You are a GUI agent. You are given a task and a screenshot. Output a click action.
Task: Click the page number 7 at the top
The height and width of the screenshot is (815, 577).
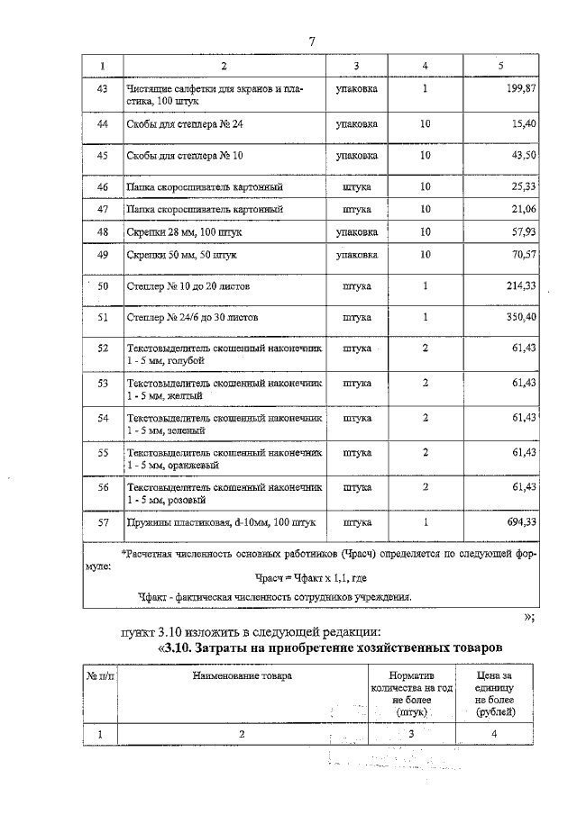pos(311,41)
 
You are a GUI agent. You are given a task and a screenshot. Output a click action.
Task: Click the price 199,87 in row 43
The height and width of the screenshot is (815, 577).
pos(517,89)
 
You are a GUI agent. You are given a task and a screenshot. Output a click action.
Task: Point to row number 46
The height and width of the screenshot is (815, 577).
pos(102,186)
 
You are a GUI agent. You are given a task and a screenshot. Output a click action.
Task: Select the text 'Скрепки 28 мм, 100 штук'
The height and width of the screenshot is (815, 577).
pos(184,232)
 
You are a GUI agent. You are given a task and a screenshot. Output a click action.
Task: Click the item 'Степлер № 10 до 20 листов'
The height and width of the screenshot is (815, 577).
pos(189,286)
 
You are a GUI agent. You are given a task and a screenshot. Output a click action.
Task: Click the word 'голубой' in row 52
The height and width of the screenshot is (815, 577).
pos(186,360)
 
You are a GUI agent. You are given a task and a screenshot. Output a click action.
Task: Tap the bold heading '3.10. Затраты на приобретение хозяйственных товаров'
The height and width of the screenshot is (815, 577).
pos(329,648)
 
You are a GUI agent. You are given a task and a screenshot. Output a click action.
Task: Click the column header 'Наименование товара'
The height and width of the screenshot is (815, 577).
pos(242,675)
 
